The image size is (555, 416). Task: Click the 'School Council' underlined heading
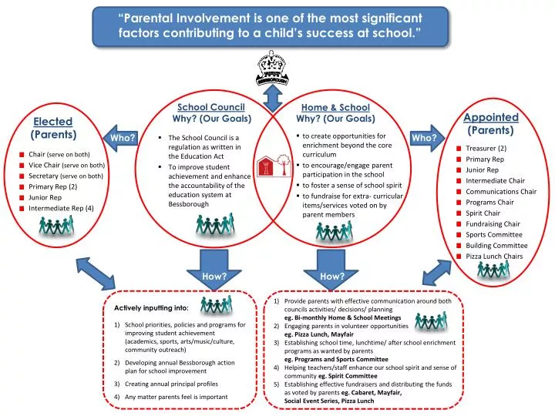tap(211, 108)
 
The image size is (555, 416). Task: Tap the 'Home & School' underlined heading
tap(335, 108)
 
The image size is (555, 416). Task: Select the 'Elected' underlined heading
tap(53, 122)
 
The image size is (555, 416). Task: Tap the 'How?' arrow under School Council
tap(213, 269)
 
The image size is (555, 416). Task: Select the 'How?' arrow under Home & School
tap(332, 269)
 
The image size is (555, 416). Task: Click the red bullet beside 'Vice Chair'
tap(22, 166)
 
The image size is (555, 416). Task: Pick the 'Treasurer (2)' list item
tap(486, 148)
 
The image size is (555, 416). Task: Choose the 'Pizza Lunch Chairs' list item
tap(494, 256)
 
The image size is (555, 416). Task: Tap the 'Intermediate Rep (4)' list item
tap(61, 208)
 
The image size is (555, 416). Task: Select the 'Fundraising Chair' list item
tap(492, 223)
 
